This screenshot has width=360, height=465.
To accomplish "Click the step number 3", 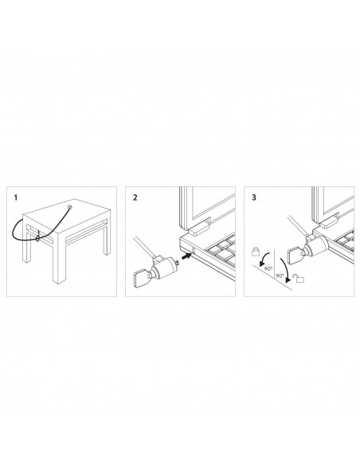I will (x=254, y=195).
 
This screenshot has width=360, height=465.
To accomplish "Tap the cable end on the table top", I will (x=72, y=208).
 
